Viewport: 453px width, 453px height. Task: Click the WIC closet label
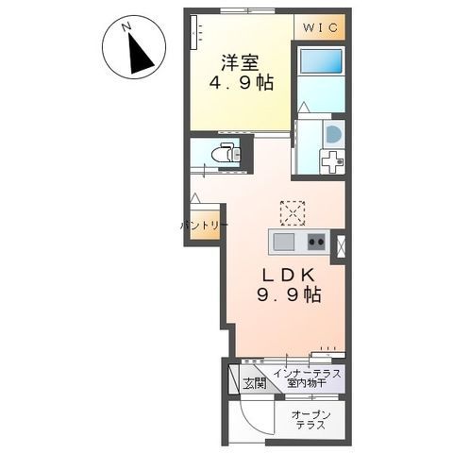[320, 27]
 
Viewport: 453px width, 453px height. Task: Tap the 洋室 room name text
[240, 62]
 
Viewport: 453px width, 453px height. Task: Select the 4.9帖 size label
[241, 83]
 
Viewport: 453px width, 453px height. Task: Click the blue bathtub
[321, 60]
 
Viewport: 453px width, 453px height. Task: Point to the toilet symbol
[226, 153]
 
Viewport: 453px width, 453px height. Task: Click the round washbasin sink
[334, 134]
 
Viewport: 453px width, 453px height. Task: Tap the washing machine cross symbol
[332, 161]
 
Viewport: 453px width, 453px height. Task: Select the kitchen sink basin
[283, 243]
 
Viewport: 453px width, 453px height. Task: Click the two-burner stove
[316, 242]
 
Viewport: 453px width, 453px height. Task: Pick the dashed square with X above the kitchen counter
[293, 213]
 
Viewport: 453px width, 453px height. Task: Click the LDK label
[289, 276]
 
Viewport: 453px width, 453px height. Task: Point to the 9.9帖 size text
[289, 295]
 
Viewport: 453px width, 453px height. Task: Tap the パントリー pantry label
[204, 226]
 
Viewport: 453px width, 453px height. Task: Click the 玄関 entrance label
[254, 383]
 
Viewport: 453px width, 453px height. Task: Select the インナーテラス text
[308, 374]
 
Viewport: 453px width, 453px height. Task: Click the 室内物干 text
[307, 383]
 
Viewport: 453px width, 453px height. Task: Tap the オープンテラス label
[310, 420]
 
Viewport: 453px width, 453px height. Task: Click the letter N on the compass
[126, 27]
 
